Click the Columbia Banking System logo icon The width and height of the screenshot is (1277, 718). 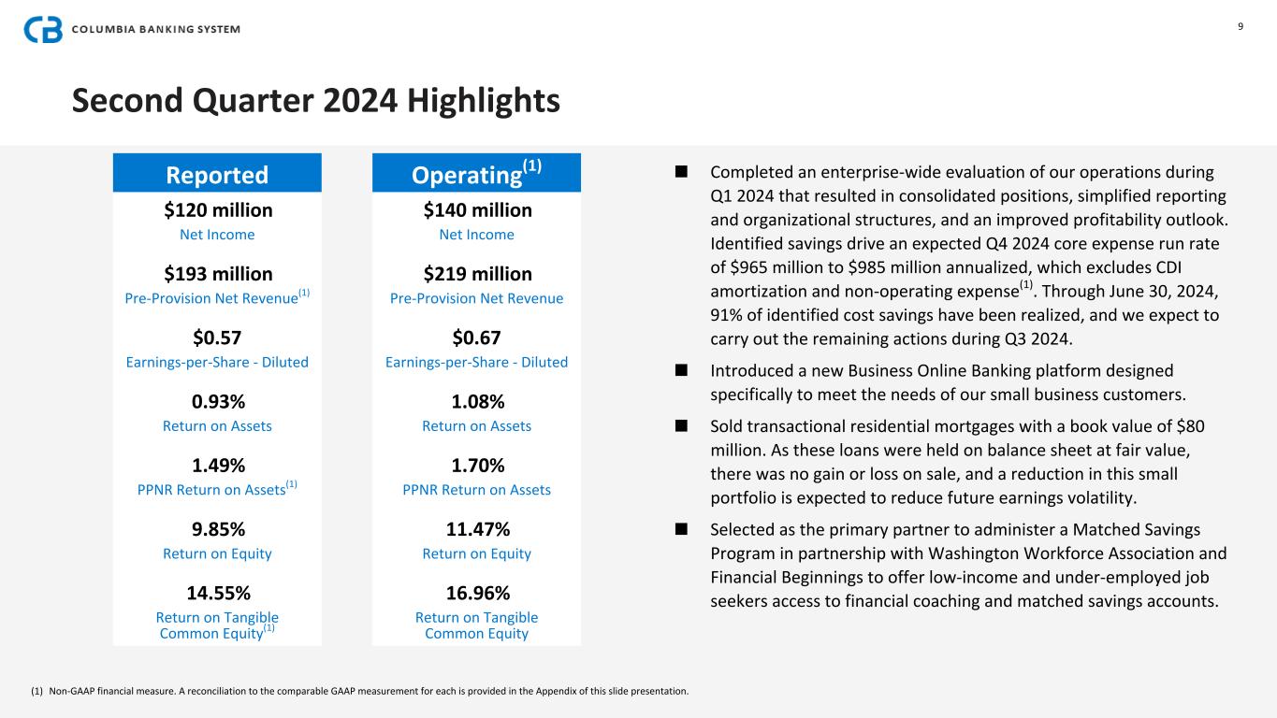[x=43, y=29]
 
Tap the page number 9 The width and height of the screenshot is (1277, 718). [x=1241, y=26]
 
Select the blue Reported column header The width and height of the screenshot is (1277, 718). [x=217, y=175]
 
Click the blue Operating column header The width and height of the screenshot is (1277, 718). [x=476, y=173]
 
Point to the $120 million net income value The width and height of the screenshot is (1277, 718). [x=218, y=210]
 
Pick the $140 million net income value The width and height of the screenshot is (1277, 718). [x=477, y=210]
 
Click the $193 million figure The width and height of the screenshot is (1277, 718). [x=218, y=274]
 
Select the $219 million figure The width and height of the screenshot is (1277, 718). [x=477, y=274]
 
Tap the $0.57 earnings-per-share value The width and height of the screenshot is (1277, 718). [x=217, y=337]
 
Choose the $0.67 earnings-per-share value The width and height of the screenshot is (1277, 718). [x=476, y=337]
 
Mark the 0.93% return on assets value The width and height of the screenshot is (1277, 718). [x=217, y=402]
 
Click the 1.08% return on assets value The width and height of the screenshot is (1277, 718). [x=476, y=402]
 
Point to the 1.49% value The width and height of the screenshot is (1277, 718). [x=217, y=466]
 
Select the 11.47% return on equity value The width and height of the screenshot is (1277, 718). [x=476, y=529]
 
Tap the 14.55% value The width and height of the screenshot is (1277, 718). [x=217, y=593]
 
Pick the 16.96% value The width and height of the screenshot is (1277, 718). [x=476, y=593]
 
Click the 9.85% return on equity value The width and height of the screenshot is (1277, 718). [x=217, y=529]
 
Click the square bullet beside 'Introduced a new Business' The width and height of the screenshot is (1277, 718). [x=681, y=371]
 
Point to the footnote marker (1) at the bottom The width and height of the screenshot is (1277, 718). [x=37, y=692]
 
